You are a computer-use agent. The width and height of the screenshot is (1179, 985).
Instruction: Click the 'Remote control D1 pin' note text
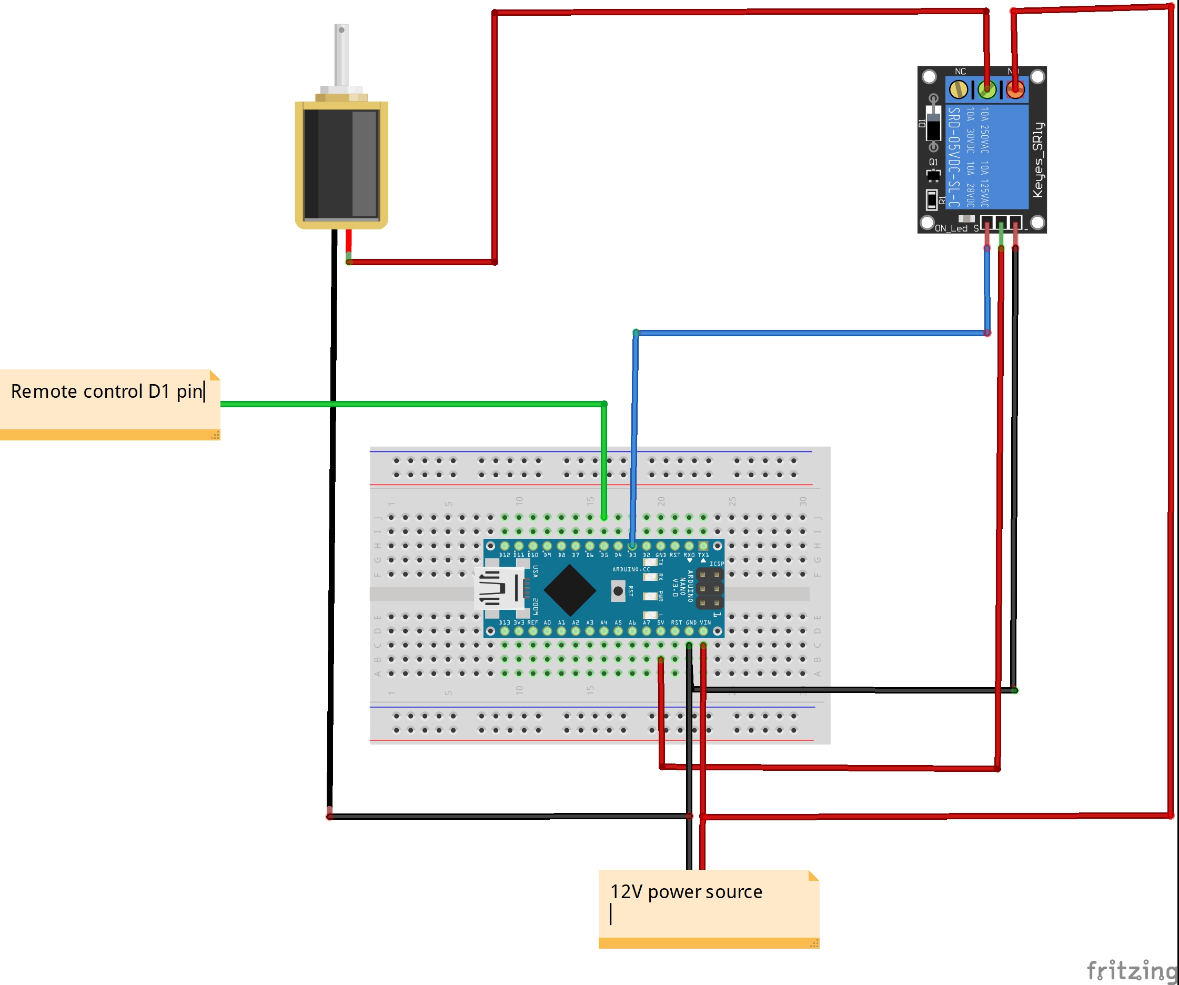[106, 391]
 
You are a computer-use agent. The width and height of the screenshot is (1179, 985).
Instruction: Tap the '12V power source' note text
[686, 892]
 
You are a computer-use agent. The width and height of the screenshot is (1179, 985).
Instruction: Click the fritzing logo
[1131, 970]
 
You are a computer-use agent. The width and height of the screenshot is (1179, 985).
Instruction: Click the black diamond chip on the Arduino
[569, 590]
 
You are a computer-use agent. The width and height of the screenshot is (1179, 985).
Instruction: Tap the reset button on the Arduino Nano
[618, 591]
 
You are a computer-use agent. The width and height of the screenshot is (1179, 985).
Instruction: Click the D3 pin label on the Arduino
[632, 555]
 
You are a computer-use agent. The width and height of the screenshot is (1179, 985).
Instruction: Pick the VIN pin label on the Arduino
[705, 623]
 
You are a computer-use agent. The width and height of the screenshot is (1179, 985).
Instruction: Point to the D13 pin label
[504, 623]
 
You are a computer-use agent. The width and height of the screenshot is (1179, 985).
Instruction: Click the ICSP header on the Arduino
[709, 589]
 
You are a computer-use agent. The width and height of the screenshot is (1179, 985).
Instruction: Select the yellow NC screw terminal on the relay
[959, 89]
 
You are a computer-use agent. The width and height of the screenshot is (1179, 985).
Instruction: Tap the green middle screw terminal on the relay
[986, 89]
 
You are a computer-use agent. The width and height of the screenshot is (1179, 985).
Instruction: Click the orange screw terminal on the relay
[1015, 89]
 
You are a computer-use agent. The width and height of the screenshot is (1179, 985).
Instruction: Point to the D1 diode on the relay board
[933, 124]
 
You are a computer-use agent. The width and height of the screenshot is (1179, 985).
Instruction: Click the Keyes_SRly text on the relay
[1037, 159]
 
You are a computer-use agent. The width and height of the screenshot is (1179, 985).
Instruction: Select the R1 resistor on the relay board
[932, 199]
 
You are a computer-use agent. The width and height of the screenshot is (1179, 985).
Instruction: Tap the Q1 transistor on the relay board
[933, 175]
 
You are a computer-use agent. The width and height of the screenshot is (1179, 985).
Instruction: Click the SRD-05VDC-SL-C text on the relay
[954, 157]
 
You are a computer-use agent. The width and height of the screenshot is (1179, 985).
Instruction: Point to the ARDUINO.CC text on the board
[630, 569]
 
